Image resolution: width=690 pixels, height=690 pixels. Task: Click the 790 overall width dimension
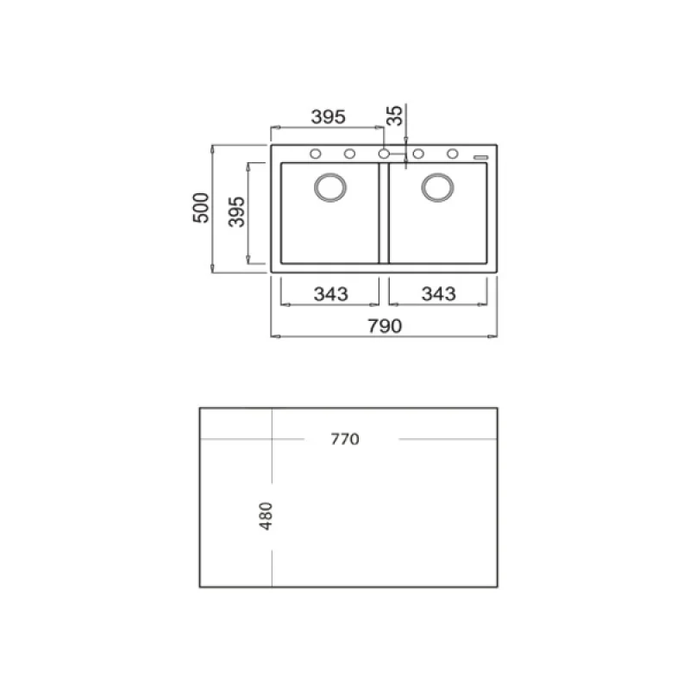tap(386, 326)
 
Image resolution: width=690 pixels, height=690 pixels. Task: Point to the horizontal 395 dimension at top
tap(328, 116)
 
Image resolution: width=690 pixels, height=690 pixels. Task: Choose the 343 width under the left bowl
tap(330, 294)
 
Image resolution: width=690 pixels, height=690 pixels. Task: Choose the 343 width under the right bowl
tap(438, 294)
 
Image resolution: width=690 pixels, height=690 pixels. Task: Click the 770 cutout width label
tap(344, 439)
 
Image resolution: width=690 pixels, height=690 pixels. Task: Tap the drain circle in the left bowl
tap(330, 187)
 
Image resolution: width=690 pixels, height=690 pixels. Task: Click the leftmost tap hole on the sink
tap(316, 154)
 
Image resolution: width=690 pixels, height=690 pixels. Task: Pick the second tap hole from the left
tap(350, 154)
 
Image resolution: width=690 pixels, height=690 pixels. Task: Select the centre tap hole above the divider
tap(384, 154)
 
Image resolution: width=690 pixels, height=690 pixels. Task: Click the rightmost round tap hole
tap(452, 154)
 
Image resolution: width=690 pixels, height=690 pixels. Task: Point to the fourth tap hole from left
tap(418, 154)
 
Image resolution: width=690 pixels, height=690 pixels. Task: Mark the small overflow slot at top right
tap(481, 157)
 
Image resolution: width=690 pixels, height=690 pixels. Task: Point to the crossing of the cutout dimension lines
tap(273, 439)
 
